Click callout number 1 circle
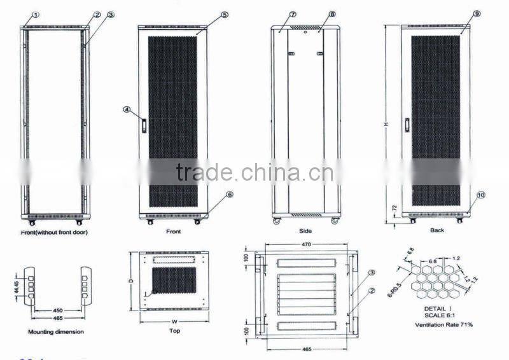point(36,14)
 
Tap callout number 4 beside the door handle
point(127,110)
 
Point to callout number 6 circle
point(230,195)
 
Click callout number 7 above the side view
point(293,14)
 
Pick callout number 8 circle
point(333,14)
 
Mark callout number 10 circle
point(481,195)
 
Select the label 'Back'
point(436,230)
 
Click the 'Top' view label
point(174,330)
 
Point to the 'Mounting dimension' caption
point(56,332)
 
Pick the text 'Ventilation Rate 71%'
point(444,325)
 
